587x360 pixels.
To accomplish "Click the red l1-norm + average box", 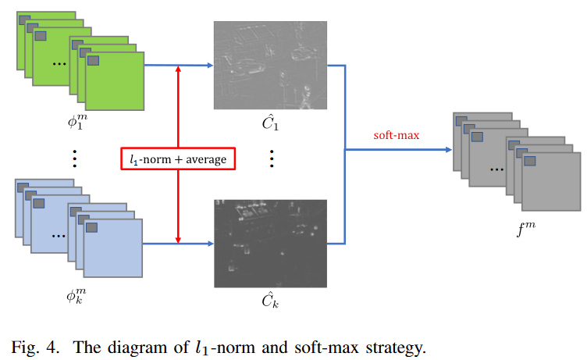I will coord(178,159).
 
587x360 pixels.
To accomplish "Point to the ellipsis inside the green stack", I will coord(59,63).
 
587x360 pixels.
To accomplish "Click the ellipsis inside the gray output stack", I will coord(497,169).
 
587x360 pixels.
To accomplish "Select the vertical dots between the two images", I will coord(272,159).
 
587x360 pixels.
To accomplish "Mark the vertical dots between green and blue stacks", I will coord(76,159).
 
